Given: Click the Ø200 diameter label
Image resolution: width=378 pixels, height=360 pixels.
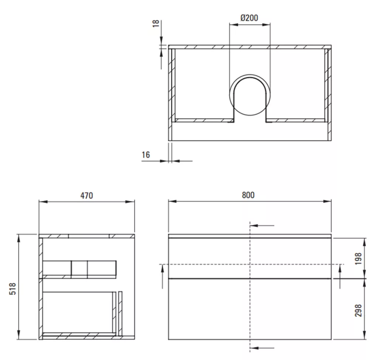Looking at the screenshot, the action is pyautogui.click(x=249, y=18).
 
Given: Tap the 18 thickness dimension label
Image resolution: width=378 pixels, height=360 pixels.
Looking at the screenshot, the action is pyautogui.click(x=156, y=23).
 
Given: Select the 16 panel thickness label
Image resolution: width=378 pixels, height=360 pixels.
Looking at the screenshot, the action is pyautogui.click(x=146, y=155).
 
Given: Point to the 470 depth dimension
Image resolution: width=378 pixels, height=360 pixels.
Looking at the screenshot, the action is pyautogui.click(x=86, y=195).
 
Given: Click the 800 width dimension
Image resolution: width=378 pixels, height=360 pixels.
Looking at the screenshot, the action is pyautogui.click(x=248, y=195).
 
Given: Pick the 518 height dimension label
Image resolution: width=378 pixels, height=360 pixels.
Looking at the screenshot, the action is pyautogui.click(x=13, y=289).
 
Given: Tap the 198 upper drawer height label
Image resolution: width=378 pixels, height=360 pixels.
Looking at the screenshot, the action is pyautogui.click(x=358, y=259).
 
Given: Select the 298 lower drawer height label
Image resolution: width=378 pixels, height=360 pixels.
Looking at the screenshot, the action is pyautogui.click(x=358, y=310).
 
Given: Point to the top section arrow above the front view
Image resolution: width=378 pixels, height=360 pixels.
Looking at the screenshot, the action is pyautogui.click(x=262, y=225).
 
